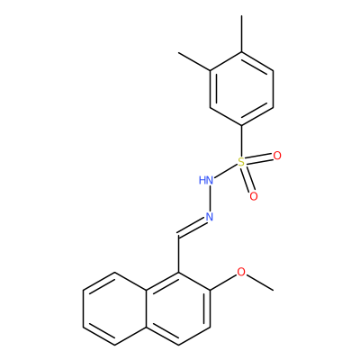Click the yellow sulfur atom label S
241,162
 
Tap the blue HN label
206,180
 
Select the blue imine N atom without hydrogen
209,217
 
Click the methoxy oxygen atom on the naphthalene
241,272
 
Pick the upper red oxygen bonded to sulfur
277,156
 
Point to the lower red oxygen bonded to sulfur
254,196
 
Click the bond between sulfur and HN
226,171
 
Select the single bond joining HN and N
210,199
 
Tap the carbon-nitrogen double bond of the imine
192,229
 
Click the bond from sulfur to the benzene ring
241,140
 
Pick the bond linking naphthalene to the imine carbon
179,255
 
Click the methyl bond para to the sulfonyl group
241,34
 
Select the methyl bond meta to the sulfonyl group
194,61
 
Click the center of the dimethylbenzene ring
241,89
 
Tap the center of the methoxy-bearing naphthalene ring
179,309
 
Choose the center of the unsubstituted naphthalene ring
115,309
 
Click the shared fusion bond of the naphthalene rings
147,309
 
